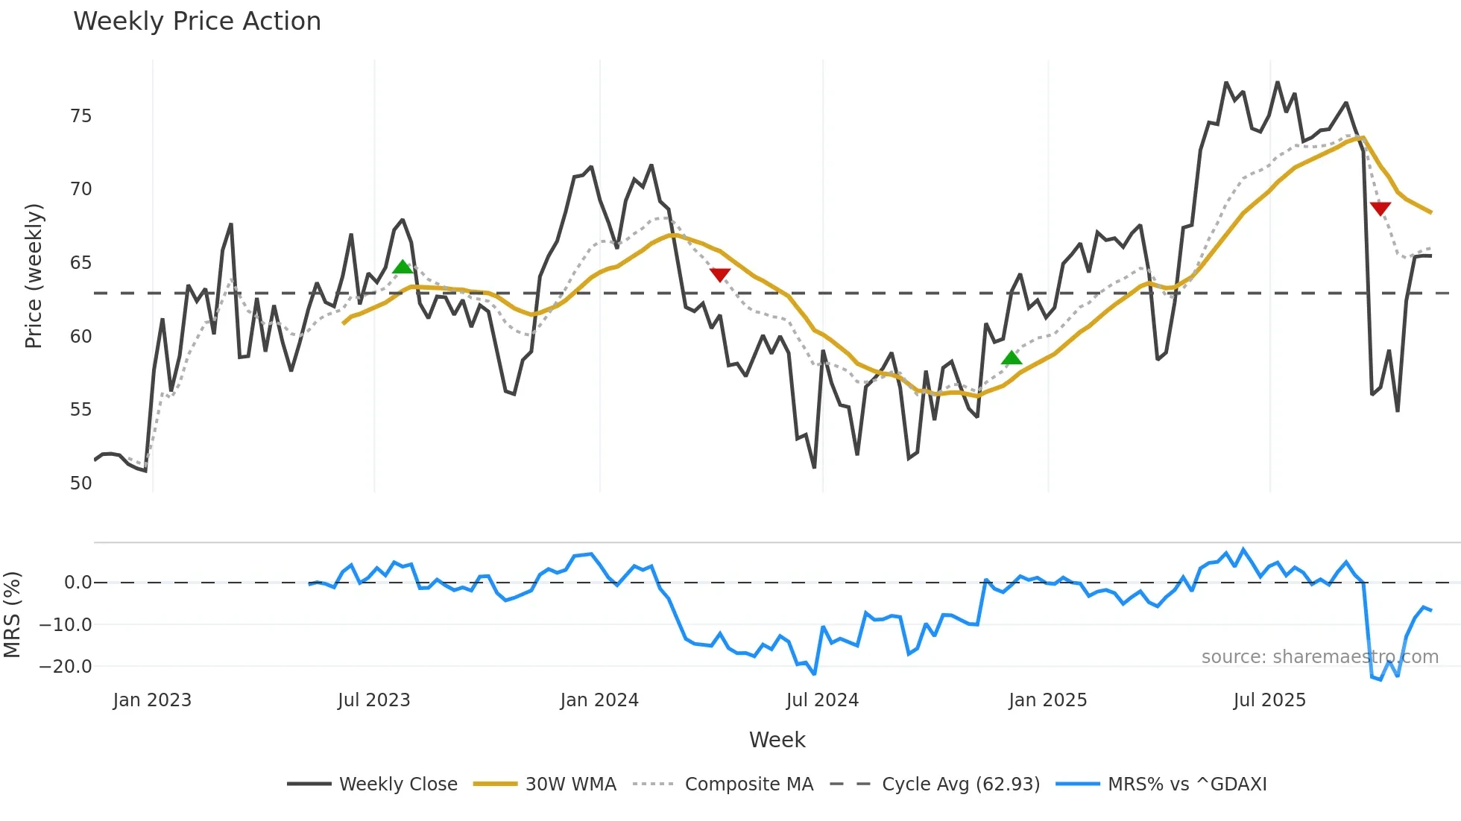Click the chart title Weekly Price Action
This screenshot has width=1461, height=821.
coord(197,22)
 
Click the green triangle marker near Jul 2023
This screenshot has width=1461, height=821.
coord(403,267)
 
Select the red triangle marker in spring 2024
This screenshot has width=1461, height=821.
coord(719,275)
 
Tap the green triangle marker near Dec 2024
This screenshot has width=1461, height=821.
coord(1012,358)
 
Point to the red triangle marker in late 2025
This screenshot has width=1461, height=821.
coord(1380,209)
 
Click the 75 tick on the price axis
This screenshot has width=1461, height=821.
coord(81,116)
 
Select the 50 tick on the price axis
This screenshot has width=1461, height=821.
coord(81,484)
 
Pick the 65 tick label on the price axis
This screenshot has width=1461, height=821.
coord(81,263)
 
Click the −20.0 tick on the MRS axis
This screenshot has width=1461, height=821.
coord(66,667)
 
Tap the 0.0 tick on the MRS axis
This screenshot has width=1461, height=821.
coord(78,583)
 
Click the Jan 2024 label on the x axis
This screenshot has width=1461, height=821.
coord(599,700)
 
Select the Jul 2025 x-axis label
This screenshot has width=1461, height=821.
coord(1269,700)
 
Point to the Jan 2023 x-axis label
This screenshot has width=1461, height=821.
coord(152,700)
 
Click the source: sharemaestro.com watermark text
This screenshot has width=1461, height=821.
coord(1319,657)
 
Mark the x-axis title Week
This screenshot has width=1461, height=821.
coord(777,740)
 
